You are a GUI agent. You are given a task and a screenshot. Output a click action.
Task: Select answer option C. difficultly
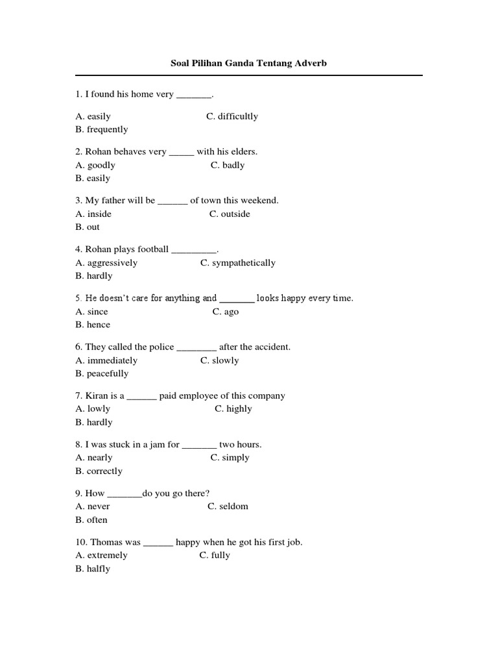coord(232,116)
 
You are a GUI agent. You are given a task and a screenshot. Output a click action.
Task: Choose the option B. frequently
coord(102,129)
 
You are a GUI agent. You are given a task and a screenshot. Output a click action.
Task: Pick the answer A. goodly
coord(95,165)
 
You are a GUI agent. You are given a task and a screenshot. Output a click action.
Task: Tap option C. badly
coord(228,165)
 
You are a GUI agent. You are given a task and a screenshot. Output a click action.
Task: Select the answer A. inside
coord(93,214)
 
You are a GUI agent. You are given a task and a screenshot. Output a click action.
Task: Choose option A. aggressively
coord(106,263)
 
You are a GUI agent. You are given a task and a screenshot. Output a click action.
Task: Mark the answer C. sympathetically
coord(238,263)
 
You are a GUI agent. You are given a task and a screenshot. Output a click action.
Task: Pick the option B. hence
coord(93,325)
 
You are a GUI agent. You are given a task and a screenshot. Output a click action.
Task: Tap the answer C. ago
coord(226,312)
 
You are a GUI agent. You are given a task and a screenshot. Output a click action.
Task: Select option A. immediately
coord(106,360)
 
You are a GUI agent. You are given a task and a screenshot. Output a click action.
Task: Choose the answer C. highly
coord(233,408)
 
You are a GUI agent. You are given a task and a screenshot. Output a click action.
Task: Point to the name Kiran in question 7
coord(97,395)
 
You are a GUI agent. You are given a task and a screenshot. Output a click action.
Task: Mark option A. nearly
coord(94,457)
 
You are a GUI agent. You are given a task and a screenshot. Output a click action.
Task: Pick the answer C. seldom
coord(228,506)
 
